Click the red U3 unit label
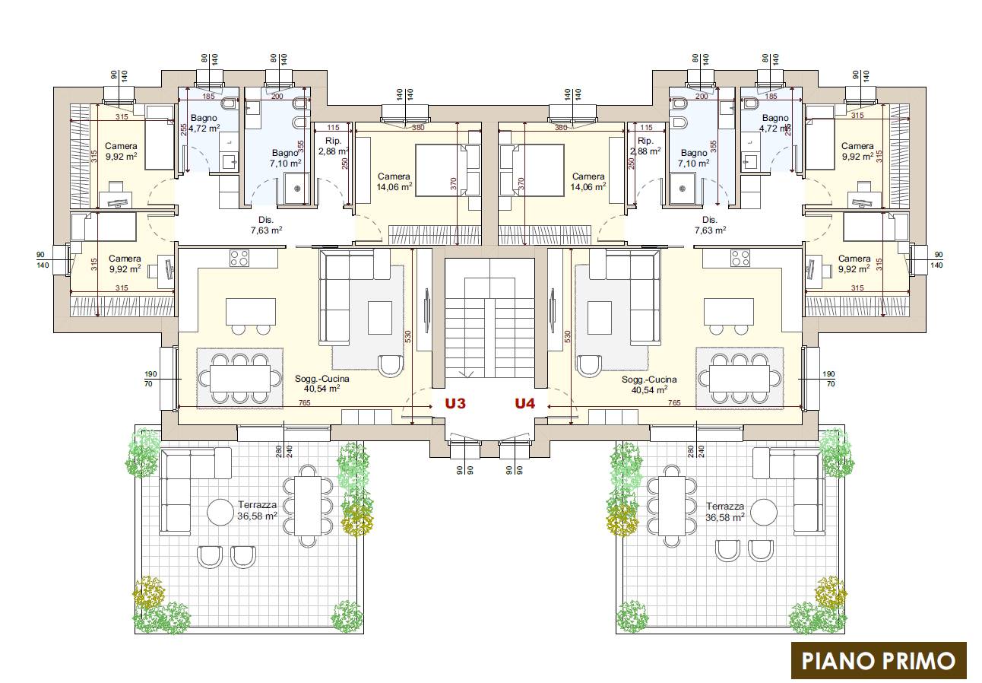[455, 403]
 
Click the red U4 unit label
[524, 403]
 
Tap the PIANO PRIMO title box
[879, 661]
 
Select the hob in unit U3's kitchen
[239, 258]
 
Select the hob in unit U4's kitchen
[740, 258]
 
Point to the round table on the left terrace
[220, 513]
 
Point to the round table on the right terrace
[764, 513]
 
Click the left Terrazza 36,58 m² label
[258, 510]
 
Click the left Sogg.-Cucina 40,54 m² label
[322, 384]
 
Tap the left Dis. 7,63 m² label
[266, 225]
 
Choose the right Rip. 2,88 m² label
[645, 146]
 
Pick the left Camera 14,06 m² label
[394, 182]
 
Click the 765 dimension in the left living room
[304, 402]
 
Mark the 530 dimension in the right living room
[568, 336]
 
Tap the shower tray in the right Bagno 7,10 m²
[682, 189]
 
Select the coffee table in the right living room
[599, 318]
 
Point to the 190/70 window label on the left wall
[150, 379]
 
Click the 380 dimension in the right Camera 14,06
[561, 128]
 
